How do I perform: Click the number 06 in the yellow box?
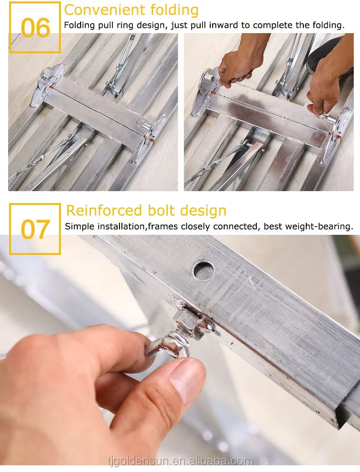point(35,28)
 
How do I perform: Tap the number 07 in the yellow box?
point(35,230)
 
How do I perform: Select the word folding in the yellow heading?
point(174,10)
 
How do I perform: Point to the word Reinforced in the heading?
point(104,210)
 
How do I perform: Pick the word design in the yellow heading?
point(203,211)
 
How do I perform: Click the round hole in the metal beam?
point(204,270)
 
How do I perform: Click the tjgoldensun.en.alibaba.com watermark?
point(180,460)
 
